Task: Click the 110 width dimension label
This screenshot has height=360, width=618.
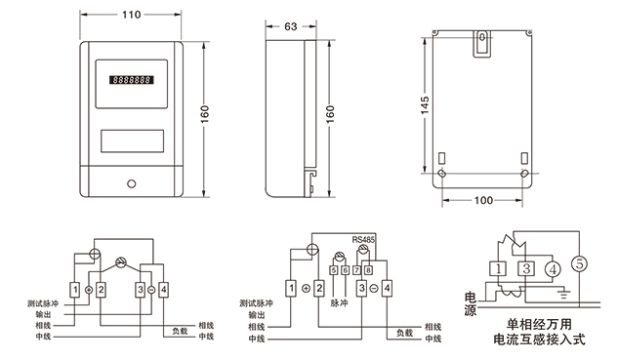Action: coord(131,15)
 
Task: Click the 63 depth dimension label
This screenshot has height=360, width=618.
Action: coord(291,26)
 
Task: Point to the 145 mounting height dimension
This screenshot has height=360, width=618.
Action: coord(425,105)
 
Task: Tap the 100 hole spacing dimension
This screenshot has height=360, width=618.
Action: coord(483,200)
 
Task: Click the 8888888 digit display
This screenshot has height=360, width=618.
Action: coord(132,80)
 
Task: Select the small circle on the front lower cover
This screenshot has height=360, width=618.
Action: coord(132,183)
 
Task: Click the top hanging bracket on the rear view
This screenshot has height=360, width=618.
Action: coord(481,44)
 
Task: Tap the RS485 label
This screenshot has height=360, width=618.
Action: coord(363,239)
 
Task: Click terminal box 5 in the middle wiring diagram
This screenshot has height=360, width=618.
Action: coord(334,270)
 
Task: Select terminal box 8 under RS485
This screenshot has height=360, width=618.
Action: coord(368,270)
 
